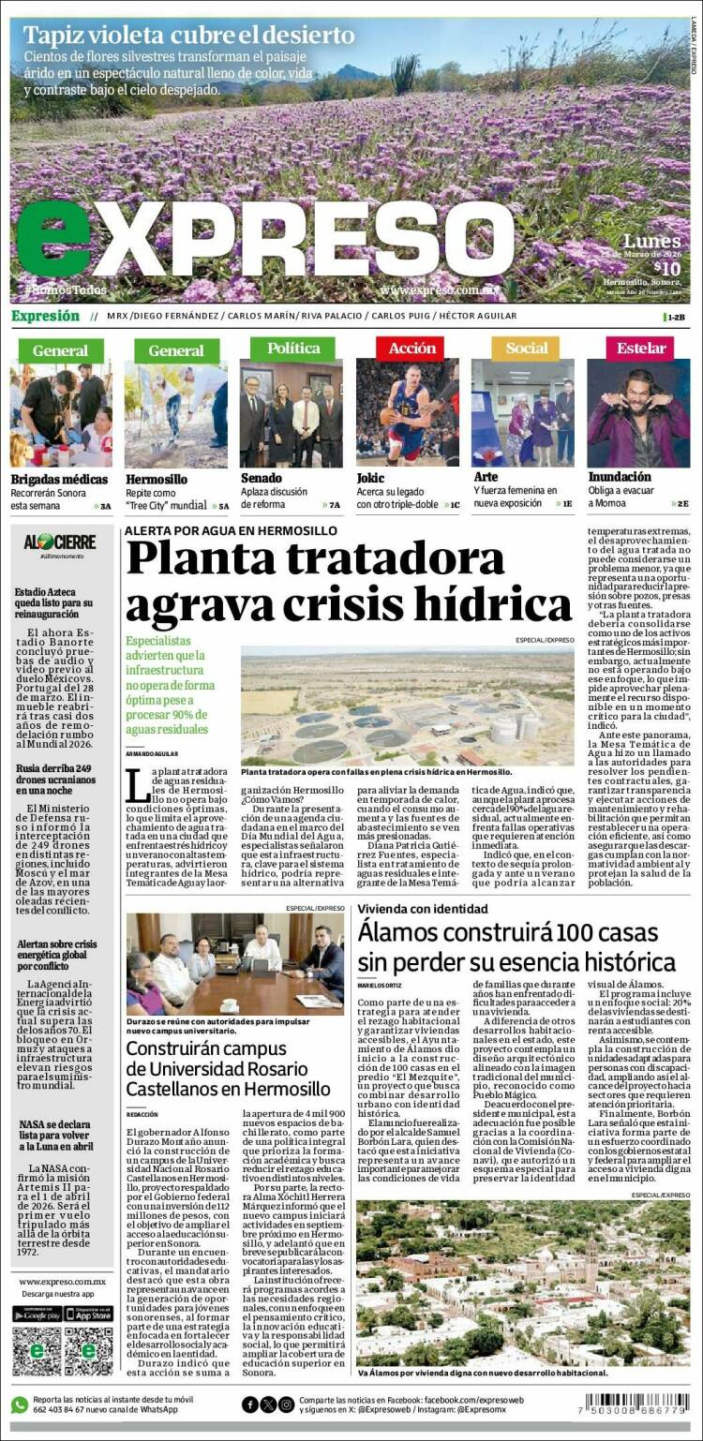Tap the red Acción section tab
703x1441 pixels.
(x=411, y=348)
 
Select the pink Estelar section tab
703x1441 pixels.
(x=641, y=348)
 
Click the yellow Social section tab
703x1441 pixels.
(x=526, y=348)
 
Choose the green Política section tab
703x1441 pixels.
(x=292, y=348)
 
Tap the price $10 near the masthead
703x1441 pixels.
(x=666, y=267)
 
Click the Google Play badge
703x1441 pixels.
(x=37, y=1314)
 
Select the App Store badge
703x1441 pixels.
(x=88, y=1314)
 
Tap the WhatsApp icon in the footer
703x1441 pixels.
(x=20, y=1404)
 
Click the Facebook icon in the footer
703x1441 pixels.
(x=250, y=1404)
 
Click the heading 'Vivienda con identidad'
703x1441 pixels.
(x=422, y=908)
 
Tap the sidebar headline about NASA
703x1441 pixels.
(x=54, y=1134)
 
